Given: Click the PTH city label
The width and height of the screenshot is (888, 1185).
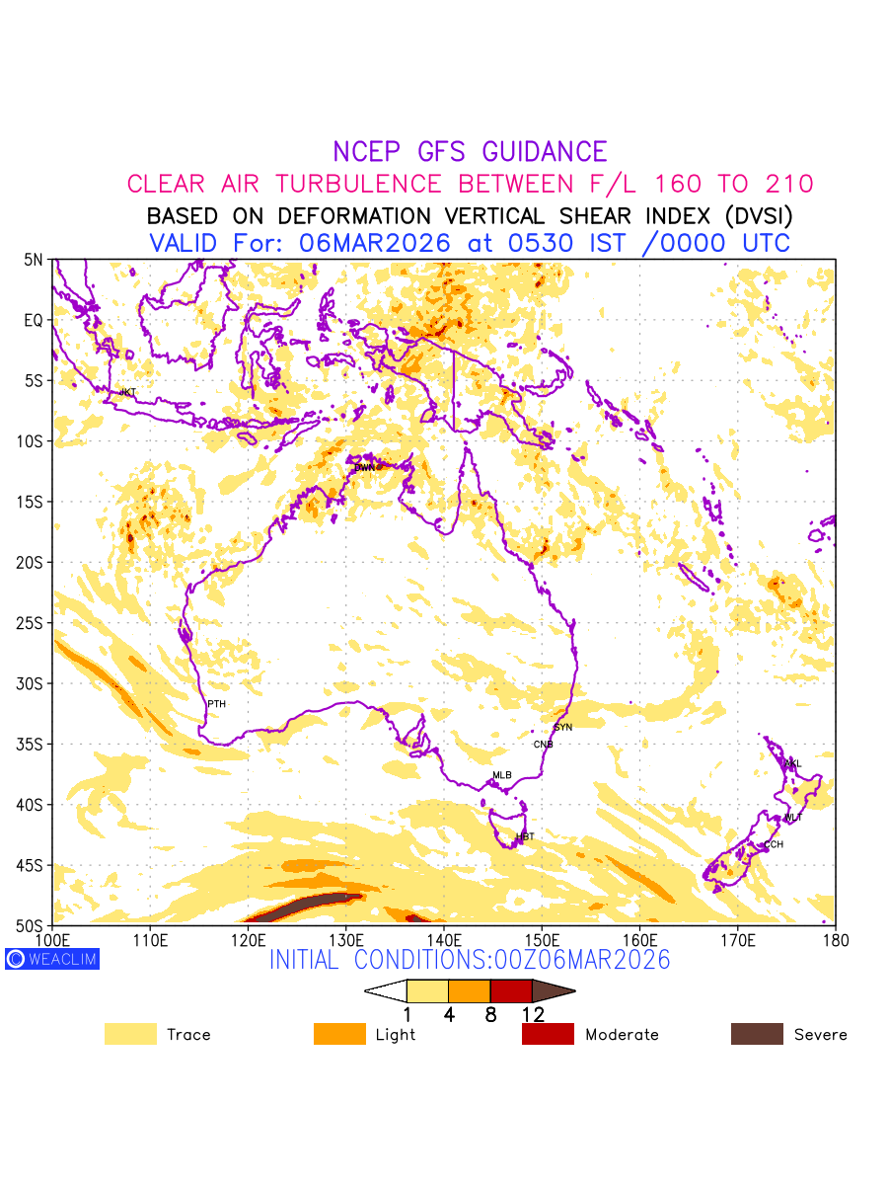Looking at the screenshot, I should (x=216, y=704).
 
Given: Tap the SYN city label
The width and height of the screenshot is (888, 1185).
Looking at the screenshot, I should (x=562, y=728).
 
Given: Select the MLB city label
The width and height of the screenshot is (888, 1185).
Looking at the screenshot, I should (x=502, y=775).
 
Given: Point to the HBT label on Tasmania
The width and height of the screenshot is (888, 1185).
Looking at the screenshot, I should (x=525, y=837).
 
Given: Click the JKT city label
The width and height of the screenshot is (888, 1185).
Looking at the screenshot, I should (x=127, y=393).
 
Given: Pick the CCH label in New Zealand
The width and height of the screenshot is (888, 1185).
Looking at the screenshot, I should (x=774, y=845).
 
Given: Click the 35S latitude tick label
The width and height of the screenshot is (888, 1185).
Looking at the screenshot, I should (x=33, y=744).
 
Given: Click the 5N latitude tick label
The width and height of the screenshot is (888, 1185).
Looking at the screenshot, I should (x=34, y=260).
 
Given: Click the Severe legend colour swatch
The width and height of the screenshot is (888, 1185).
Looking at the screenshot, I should (x=757, y=1034).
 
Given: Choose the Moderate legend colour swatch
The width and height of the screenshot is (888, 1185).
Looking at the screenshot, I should (x=548, y=1034).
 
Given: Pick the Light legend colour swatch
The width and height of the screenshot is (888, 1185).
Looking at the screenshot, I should (x=339, y=1034).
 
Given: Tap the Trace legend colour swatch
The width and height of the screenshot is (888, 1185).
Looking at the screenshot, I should (x=130, y=1034).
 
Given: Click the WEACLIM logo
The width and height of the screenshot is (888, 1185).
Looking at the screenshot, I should (x=52, y=959).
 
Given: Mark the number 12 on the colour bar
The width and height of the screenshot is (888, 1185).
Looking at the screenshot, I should (x=533, y=1014).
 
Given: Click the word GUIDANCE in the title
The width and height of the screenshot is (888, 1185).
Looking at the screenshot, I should (x=544, y=152).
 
